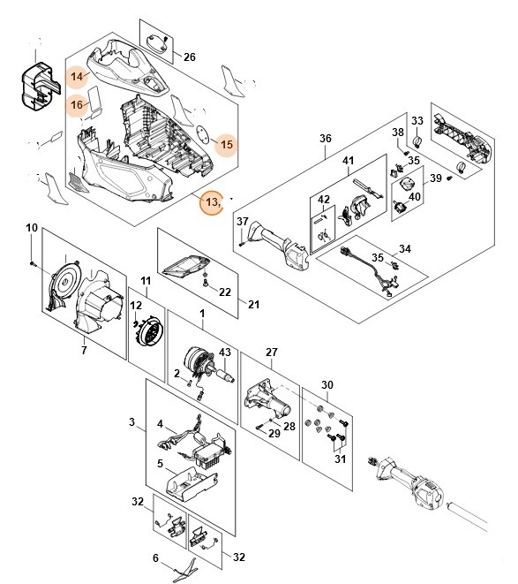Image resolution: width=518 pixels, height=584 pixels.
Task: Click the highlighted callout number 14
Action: tap(79, 77)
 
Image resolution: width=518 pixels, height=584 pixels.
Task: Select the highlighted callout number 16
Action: tap(79, 106)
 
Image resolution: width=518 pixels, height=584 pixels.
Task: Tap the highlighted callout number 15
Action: tap(226, 143)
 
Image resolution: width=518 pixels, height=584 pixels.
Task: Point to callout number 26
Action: tap(189, 57)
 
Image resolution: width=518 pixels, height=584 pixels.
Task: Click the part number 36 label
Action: tap(325, 139)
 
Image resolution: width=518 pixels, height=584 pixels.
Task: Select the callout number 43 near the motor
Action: tap(223, 353)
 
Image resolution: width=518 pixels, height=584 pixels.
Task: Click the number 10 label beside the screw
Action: tap(32, 228)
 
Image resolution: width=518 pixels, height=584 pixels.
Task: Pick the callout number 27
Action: tap(272, 352)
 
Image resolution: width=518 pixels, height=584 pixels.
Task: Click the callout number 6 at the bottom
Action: tap(156, 557)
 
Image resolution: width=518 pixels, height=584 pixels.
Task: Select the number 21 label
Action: tap(254, 305)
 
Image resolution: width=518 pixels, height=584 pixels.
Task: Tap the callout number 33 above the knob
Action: tap(417, 121)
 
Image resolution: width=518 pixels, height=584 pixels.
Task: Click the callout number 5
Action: tap(160, 463)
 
